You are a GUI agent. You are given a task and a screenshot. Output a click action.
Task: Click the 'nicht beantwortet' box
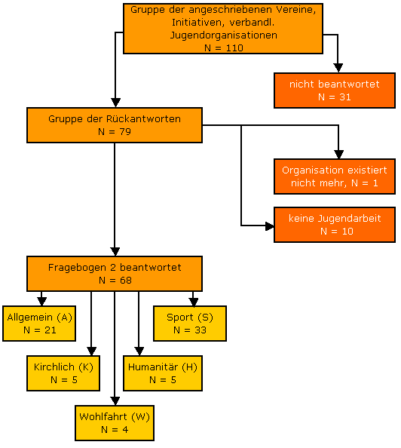click(335, 91)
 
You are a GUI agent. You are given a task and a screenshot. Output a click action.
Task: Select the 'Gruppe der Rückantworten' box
click(115, 125)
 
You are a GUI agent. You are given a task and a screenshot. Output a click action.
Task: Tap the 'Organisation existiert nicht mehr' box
click(335, 176)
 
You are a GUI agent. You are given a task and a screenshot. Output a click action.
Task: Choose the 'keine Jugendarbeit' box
click(335, 225)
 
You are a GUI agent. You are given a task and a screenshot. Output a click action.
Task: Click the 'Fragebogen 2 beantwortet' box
click(115, 274)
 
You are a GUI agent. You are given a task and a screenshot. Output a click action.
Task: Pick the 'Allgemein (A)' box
click(39, 324)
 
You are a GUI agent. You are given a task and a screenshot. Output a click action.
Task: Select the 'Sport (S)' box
click(190, 324)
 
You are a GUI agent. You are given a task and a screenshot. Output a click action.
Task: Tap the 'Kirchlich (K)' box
click(63, 373)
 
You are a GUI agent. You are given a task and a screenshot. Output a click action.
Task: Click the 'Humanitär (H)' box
click(163, 373)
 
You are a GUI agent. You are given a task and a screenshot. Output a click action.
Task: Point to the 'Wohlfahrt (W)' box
click(115, 423)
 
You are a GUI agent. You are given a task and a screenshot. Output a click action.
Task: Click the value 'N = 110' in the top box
click(224, 48)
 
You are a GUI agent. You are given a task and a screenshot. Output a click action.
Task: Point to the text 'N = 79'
click(115, 131)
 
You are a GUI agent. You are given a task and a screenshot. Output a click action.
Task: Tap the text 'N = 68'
click(115, 280)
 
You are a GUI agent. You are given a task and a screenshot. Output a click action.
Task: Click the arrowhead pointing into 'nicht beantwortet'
click(338, 68)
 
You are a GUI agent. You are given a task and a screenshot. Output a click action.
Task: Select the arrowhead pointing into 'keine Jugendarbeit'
click(269, 226)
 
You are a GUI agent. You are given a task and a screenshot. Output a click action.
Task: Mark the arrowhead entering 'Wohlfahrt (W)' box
click(115, 400)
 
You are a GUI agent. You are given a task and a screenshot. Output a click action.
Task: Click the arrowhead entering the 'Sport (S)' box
click(194, 302)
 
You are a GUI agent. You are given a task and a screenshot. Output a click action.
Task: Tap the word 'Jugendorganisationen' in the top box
click(224, 35)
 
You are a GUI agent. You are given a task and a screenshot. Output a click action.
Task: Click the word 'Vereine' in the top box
click(296, 10)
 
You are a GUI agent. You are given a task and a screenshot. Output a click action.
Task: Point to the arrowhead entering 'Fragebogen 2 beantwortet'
click(115, 252)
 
